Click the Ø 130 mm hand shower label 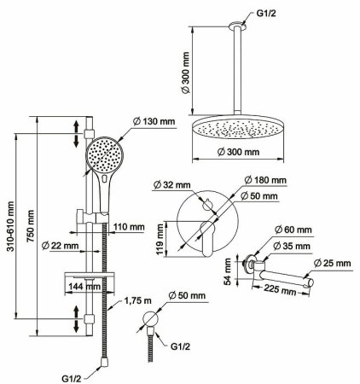pos(154,121)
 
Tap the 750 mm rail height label pos(31,226)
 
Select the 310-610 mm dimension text pos(11,226)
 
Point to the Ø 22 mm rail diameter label pos(60,245)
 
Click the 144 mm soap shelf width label pos(83,287)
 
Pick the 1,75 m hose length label pos(137,300)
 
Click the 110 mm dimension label pos(129,227)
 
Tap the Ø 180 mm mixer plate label pos(265,180)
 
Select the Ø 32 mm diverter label pos(171,185)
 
